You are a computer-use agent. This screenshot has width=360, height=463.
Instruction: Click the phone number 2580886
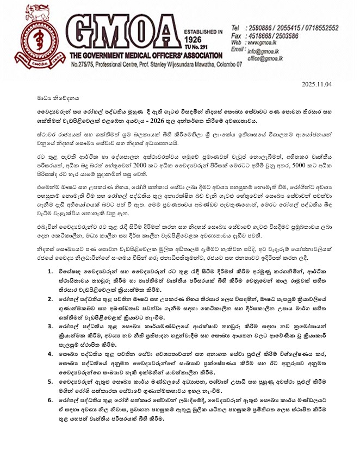pos(260,27)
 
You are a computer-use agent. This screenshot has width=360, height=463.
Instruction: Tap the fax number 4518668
pos(260,34)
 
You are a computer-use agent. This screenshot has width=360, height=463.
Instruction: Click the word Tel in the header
pos(235,27)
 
